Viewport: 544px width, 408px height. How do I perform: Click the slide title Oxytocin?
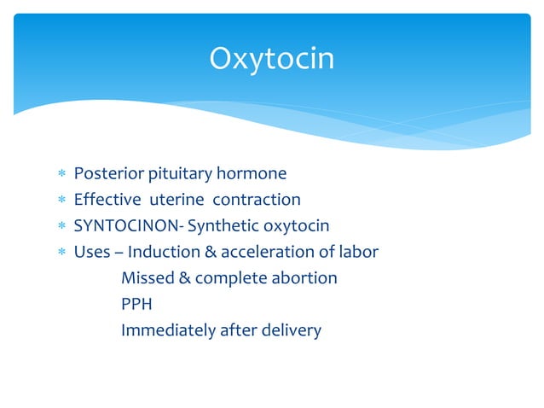[272, 59]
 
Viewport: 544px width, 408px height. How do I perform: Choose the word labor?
[357, 252]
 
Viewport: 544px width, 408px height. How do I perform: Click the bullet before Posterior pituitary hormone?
[61, 175]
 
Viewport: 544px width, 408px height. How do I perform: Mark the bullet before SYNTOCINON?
[61, 227]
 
